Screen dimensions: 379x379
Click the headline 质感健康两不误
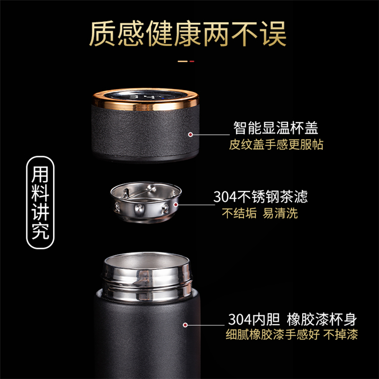point(188,34)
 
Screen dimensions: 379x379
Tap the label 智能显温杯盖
point(275,128)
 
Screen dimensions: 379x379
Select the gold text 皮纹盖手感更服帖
point(276,145)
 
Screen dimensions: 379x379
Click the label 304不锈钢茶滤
point(260,197)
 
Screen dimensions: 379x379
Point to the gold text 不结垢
point(239,213)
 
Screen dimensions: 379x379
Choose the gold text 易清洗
point(280,213)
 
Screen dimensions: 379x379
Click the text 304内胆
point(254,319)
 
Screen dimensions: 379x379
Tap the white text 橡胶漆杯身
point(322,319)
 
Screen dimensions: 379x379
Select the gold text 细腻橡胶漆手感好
point(273,335)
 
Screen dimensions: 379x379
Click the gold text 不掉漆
point(341,335)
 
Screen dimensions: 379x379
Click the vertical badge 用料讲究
point(40,202)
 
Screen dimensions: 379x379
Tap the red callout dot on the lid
point(191,134)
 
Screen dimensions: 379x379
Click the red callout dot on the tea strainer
point(176,205)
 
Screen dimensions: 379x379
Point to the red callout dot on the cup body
point(185,325)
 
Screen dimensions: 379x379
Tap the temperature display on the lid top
point(146,95)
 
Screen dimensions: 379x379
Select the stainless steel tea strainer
point(146,202)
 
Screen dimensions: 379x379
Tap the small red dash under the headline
point(192,61)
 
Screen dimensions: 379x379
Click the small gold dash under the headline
point(183,61)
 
